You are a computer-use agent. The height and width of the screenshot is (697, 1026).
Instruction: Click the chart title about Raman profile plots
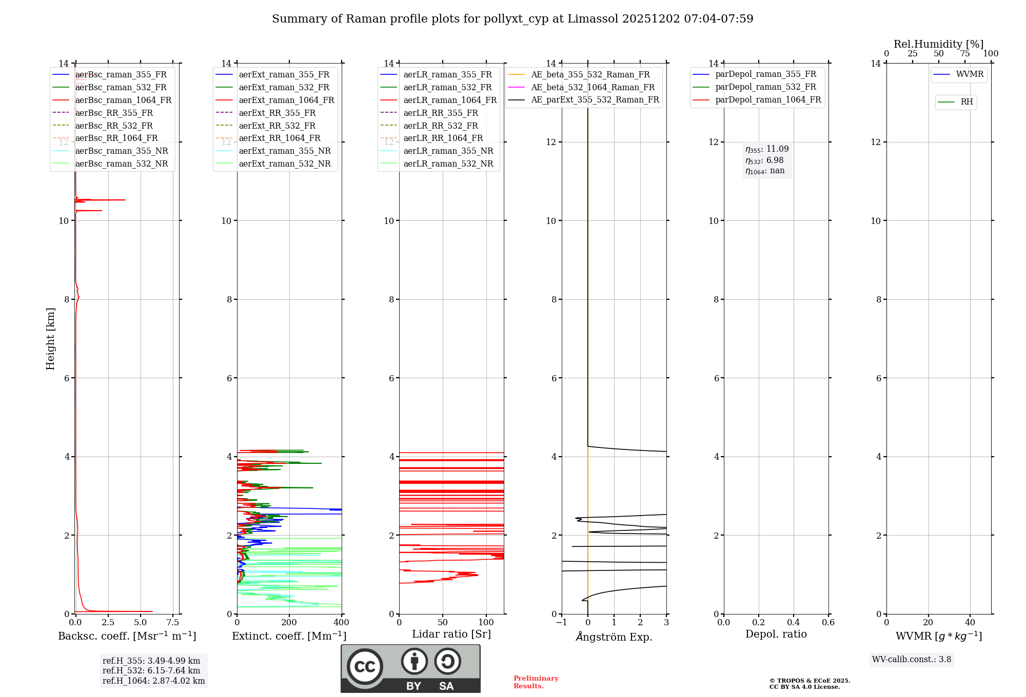coord(512,19)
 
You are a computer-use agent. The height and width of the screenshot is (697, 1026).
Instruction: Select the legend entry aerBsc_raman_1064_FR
coord(123,100)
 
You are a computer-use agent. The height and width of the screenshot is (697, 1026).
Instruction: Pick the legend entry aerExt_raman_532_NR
coord(285,163)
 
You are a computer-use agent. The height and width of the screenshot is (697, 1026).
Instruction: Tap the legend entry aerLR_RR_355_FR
coord(441,113)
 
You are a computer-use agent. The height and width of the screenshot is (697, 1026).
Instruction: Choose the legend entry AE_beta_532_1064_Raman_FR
coord(593,87)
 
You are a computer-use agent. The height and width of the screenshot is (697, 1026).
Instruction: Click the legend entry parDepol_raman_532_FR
coord(765,87)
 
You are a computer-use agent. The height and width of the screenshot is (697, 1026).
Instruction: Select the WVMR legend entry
coord(970,74)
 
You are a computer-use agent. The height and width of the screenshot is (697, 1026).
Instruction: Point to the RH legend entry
coord(966,102)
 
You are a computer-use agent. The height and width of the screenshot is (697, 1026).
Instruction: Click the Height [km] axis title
coord(50,339)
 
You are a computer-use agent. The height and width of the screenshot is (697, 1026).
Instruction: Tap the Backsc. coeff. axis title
coord(127,636)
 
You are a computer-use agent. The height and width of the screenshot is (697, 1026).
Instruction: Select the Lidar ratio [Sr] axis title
coord(451,634)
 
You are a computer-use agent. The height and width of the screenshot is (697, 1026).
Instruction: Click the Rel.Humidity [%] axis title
coord(938,44)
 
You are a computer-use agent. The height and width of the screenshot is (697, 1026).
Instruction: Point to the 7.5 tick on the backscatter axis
coord(173,623)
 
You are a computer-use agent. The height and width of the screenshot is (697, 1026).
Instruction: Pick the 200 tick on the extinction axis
coord(289,623)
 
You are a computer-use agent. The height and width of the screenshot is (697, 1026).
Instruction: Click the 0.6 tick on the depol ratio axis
coord(828,623)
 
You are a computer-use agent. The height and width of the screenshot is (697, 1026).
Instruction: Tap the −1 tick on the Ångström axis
coord(562,623)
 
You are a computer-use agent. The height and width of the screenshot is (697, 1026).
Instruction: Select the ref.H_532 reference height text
coord(151,670)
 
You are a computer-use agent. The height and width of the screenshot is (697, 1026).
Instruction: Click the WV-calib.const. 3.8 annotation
coord(912,660)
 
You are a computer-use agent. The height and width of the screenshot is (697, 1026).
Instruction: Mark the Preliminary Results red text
coord(536,682)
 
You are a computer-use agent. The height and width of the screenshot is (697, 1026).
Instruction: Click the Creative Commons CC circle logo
coord(365,666)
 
